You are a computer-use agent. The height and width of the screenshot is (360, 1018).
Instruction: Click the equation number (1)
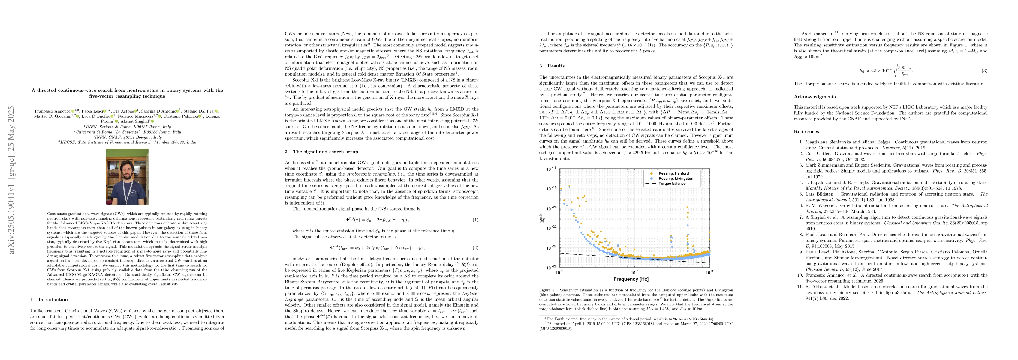click(476, 220)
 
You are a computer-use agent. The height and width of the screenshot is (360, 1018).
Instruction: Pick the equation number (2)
click(476, 248)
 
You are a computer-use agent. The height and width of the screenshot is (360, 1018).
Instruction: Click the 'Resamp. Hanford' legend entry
click(673, 173)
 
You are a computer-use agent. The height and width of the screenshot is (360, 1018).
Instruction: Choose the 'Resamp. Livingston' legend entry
click(676, 178)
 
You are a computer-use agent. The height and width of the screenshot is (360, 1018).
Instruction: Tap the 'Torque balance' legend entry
click(672, 184)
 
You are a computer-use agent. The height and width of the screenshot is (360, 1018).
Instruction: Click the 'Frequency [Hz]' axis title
click(631, 279)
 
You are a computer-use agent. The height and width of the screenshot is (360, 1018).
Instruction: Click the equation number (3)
click(984, 71)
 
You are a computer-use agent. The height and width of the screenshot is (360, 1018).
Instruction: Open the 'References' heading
click(806, 132)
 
